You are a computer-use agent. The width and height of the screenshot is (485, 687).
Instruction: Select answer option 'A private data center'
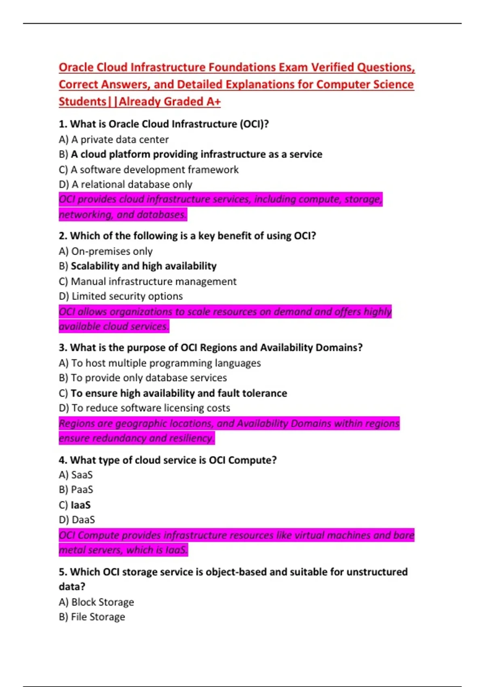pos(120,139)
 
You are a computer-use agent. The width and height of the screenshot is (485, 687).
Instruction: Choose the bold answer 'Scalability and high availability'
pos(143,266)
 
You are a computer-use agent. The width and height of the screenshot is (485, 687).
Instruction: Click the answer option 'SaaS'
pos(82,475)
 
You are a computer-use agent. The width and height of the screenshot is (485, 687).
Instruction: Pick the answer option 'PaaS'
pos(82,490)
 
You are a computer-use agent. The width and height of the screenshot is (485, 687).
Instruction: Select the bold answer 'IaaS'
pos(80,505)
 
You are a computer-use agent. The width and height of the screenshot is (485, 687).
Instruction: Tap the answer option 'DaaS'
pos(83,520)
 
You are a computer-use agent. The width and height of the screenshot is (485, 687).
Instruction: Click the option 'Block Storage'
pos(102,602)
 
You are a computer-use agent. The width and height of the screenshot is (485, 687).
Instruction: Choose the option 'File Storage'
pos(98,617)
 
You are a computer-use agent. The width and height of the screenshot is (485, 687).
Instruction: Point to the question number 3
pos(62,348)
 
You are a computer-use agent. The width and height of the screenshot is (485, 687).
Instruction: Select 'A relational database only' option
pos(131,184)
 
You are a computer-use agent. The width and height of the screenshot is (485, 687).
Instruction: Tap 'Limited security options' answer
pos(127,296)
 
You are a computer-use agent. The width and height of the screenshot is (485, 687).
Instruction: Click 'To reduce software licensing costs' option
pos(150,408)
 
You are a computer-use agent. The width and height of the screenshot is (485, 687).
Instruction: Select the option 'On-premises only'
pos(112,251)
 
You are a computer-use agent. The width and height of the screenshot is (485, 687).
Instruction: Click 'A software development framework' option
pos(154,170)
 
